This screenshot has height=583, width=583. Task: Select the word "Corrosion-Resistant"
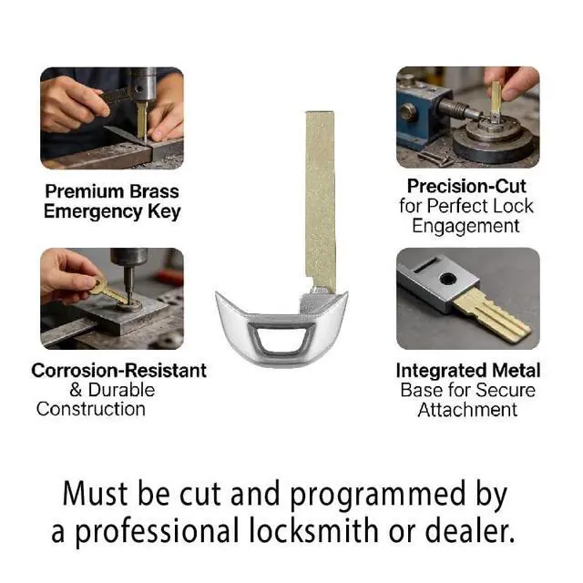click(119, 371)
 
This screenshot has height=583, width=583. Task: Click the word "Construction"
click(91, 409)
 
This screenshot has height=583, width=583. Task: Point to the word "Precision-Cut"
click(466, 186)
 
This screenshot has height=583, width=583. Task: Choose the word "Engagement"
click(465, 226)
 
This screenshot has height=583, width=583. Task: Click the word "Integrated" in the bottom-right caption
click(441, 371)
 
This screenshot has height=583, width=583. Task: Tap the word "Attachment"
click(467, 410)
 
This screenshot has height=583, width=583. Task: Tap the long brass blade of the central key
click(320, 200)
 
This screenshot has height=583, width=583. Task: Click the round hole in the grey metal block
click(447, 279)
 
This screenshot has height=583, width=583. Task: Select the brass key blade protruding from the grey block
click(492, 313)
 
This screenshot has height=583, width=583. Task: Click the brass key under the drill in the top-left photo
click(142, 120)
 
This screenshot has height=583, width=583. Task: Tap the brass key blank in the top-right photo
click(496, 97)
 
